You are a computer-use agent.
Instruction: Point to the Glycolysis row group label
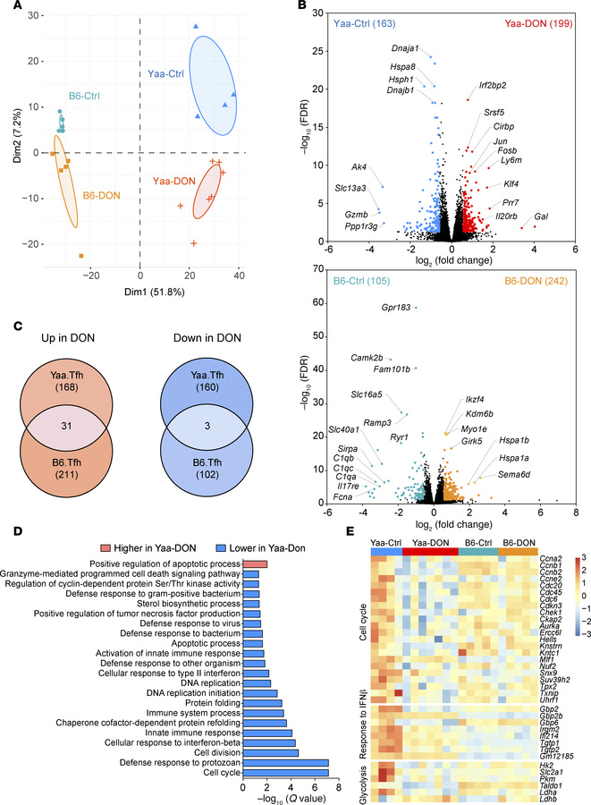tap(364, 765)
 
